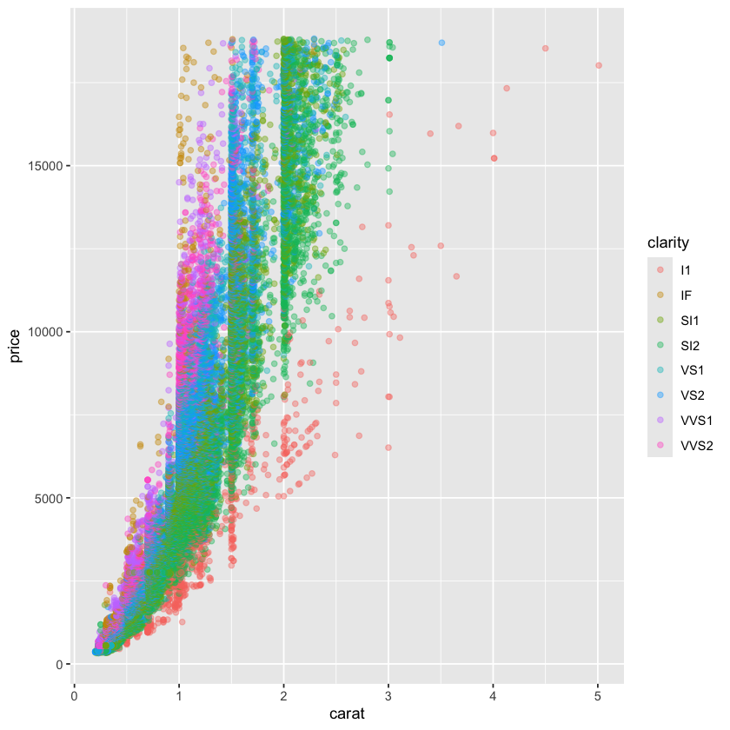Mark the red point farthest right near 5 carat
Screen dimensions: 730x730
pyautogui.click(x=599, y=65)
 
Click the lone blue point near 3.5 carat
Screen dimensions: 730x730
pyautogui.click(x=441, y=43)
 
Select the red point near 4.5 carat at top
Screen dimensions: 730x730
pyautogui.click(x=545, y=49)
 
